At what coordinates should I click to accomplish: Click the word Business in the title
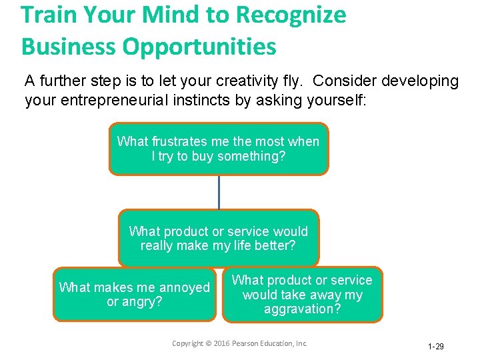[60, 47]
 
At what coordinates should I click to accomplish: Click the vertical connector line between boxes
[219, 193]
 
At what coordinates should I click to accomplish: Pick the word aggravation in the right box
[302, 309]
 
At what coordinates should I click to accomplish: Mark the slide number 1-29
[435, 347]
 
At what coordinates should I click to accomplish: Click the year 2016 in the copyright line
[223, 343]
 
